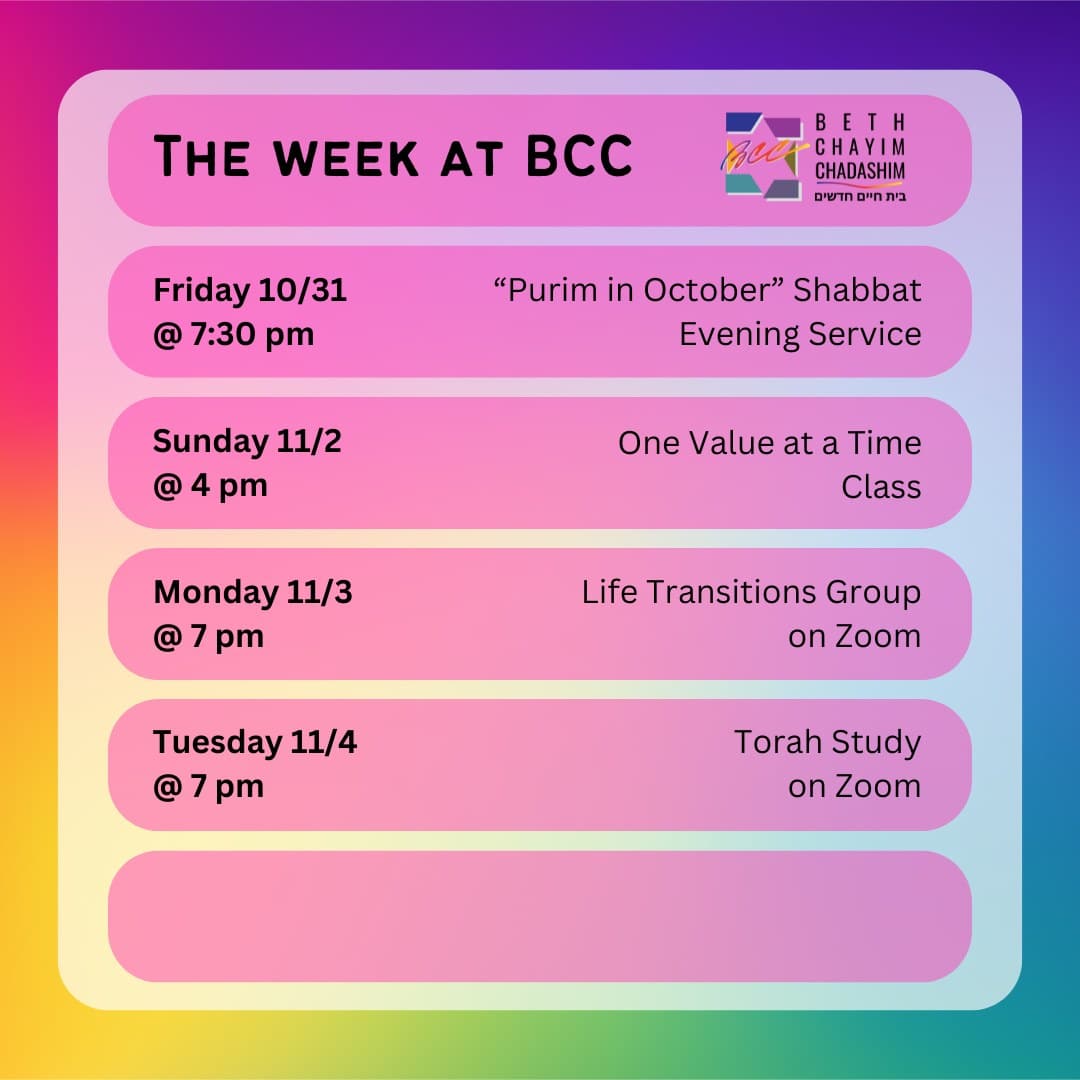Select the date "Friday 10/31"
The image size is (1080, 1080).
(x=250, y=290)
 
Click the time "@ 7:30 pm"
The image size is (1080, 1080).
(x=233, y=334)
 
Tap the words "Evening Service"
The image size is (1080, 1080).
(x=800, y=334)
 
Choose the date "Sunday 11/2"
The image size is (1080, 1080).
(x=247, y=441)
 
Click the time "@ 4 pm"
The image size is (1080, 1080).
(x=210, y=486)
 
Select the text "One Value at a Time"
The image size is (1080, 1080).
(x=769, y=442)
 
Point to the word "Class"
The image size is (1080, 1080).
(x=881, y=486)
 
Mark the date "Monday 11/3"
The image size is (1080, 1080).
(x=252, y=592)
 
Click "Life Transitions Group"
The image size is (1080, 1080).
(x=751, y=592)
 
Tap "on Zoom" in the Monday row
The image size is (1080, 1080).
(x=854, y=636)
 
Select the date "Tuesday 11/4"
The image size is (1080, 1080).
(x=255, y=743)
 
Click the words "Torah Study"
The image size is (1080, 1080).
(x=827, y=743)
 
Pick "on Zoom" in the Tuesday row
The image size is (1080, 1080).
(x=854, y=787)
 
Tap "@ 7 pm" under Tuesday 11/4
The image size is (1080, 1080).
(x=208, y=787)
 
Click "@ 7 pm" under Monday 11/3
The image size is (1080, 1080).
(x=208, y=636)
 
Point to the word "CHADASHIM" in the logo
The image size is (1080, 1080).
(x=860, y=171)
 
